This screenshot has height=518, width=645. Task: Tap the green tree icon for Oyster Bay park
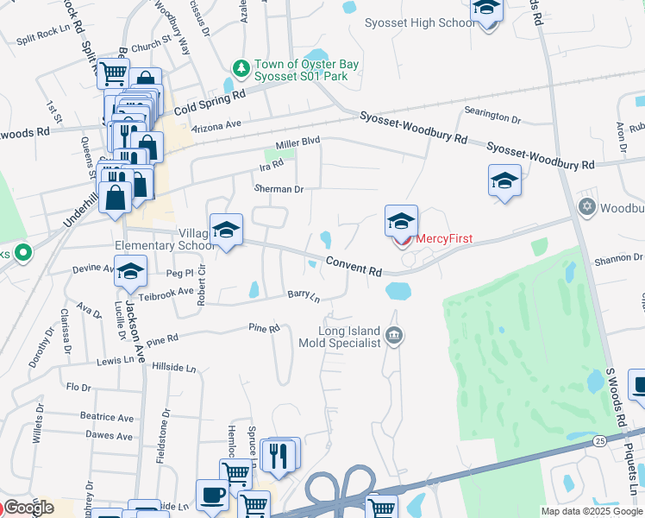(x=242, y=67)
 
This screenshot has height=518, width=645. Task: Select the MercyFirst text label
(x=445, y=239)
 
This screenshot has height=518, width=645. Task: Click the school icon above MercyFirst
(x=401, y=222)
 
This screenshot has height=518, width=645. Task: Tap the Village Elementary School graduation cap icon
(x=226, y=230)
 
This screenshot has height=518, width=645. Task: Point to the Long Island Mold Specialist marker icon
(x=394, y=335)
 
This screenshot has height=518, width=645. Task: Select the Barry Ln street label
(x=304, y=296)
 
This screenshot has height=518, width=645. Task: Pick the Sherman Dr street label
(x=279, y=189)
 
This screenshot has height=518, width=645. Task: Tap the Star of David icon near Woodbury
(x=587, y=207)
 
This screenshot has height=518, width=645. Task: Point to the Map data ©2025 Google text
(x=592, y=511)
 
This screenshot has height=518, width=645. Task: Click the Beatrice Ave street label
(x=107, y=416)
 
